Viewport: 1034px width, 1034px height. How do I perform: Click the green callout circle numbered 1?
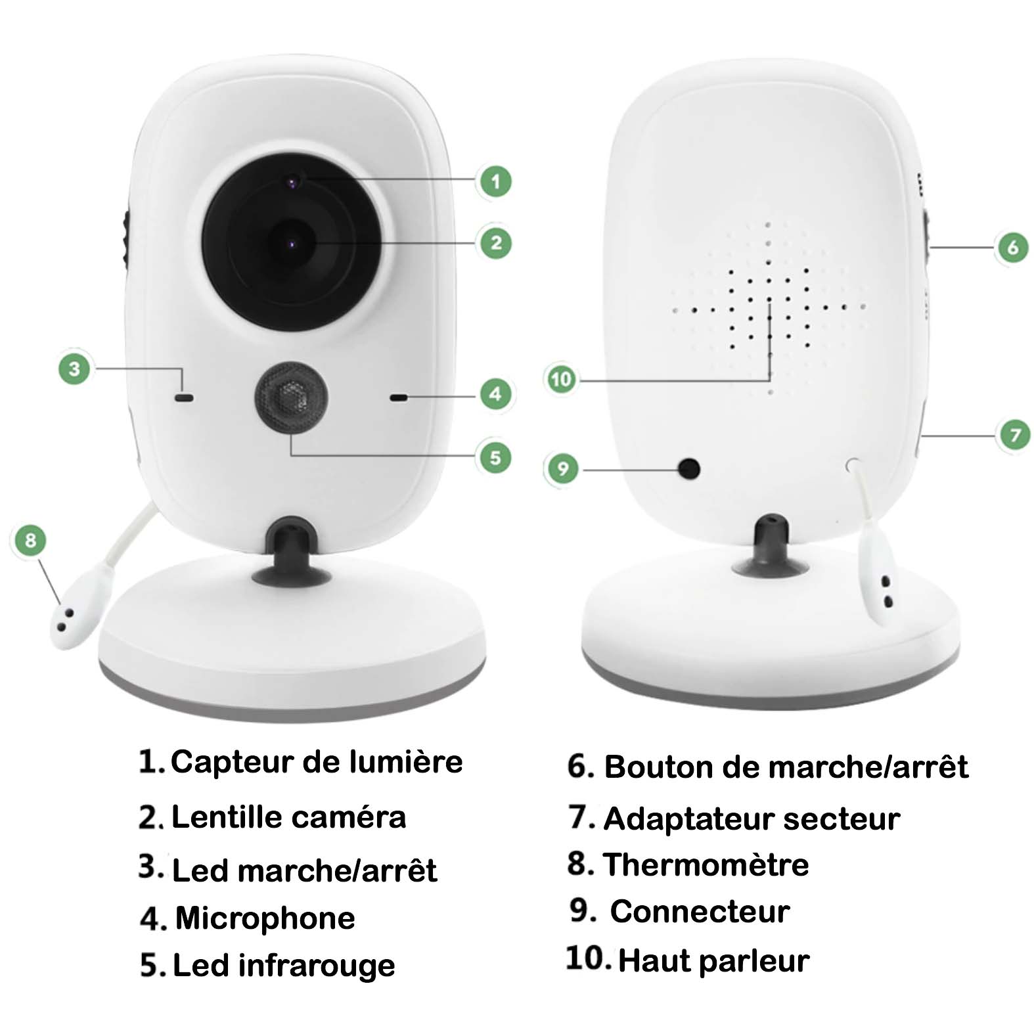(x=495, y=181)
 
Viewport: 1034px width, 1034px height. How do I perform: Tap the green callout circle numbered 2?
(x=496, y=242)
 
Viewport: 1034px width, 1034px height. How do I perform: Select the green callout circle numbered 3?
(x=74, y=368)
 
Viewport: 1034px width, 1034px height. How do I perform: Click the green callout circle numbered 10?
(x=561, y=379)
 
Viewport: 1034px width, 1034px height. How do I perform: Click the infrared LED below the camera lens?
(x=292, y=398)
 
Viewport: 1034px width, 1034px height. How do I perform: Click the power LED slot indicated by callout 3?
(x=184, y=397)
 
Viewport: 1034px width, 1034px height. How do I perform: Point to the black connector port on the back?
(x=688, y=468)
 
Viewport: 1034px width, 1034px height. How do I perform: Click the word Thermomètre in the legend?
(x=706, y=865)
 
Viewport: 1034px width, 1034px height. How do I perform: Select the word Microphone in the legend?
(x=265, y=918)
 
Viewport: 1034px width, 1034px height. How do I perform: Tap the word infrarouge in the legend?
(x=317, y=966)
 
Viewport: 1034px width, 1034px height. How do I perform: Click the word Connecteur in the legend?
(x=700, y=912)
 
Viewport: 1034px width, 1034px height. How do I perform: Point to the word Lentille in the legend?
(x=227, y=817)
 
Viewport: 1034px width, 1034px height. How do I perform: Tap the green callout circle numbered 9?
(x=562, y=468)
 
